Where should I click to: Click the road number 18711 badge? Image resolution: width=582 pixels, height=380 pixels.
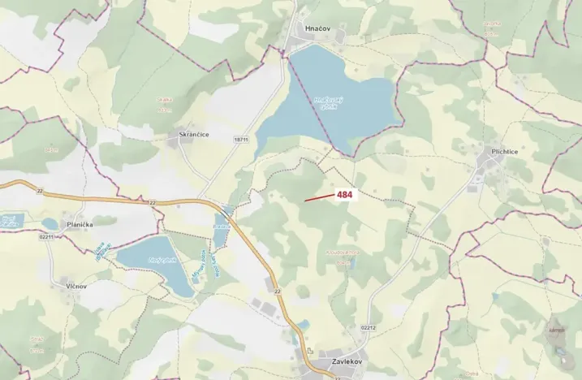[x=240, y=140]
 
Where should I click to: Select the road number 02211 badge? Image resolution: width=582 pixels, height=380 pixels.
[x=46, y=237]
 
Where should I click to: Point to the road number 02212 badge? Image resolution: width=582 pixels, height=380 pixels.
[x=368, y=327]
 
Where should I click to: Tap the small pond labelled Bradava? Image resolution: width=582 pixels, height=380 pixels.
[x=11, y=220]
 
